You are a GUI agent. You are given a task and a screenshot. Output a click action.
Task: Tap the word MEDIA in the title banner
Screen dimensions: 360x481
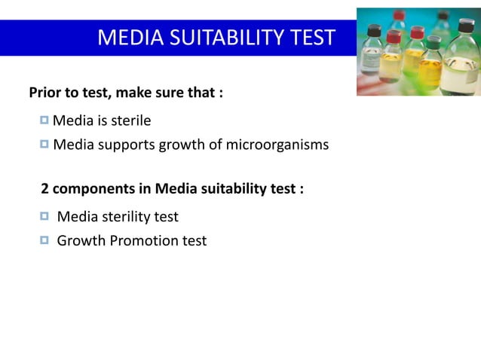(x=125, y=38)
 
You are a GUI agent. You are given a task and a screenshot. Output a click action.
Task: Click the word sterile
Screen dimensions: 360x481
(x=131, y=121)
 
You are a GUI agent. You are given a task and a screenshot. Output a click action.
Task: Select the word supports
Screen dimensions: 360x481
(x=124, y=145)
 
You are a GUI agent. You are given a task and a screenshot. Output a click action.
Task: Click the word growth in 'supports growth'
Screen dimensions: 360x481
(x=179, y=145)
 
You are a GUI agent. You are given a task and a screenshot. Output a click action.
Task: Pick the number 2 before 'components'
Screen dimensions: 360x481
(x=44, y=188)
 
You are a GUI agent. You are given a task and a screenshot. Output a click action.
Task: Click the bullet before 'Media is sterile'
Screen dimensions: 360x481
(x=44, y=120)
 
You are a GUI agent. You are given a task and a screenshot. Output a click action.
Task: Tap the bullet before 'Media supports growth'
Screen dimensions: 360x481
(x=44, y=144)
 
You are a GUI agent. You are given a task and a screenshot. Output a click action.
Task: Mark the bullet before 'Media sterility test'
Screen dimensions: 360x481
(x=44, y=216)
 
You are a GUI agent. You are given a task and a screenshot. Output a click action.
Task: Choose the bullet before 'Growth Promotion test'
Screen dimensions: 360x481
(x=44, y=240)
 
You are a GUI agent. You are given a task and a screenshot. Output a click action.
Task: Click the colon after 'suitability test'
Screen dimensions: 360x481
(x=301, y=189)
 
